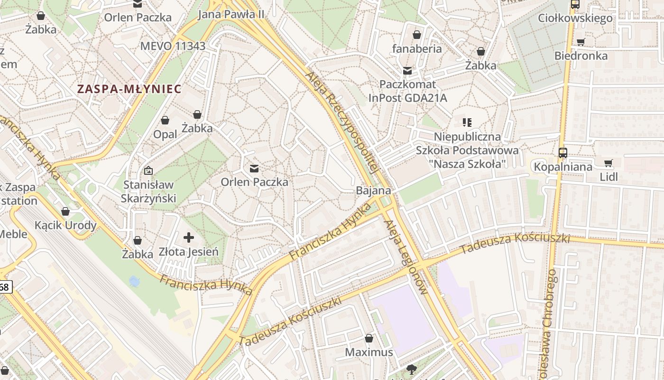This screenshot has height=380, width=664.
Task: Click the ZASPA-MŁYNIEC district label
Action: pyautogui.click(x=129, y=89)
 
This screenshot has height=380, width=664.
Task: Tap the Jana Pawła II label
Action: pyautogui.click(x=231, y=14)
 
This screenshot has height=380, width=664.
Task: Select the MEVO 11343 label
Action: pyautogui.click(x=173, y=46)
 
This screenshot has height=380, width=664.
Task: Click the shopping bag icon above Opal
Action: pyautogui.click(x=165, y=120)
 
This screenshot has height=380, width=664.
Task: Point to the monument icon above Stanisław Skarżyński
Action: pyautogui.click(x=148, y=171)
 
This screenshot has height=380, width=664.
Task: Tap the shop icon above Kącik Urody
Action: pyautogui.click(x=65, y=211)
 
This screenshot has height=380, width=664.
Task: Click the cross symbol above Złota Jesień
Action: pyautogui.click(x=189, y=237)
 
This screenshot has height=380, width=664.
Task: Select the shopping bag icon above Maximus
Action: pyautogui.click(x=369, y=338)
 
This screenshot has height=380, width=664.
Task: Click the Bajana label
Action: pyautogui.click(x=374, y=190)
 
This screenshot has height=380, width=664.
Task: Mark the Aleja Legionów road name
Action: pyautogui.click(x=407, y=256)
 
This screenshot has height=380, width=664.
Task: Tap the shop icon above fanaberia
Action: pyautogui.click(x=416, y=35)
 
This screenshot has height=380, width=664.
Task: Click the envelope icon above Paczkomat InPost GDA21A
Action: pyautogui.click(x=407, y=71)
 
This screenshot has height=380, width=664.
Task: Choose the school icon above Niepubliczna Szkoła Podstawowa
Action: pyautogui.click(x=467, y=123)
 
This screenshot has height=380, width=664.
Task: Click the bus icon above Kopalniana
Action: pyautogui.click(x=563, y=153)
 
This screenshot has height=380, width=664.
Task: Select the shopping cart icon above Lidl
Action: pyautogui.click(x=609, y=163)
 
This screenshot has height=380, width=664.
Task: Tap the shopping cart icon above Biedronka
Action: pyautogui.click(x=581, y=42)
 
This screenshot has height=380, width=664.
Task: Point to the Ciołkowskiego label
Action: pyautogui.click(x=575, y=18)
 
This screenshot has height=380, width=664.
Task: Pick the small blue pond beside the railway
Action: pyautogui.click(x=134, y=282)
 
